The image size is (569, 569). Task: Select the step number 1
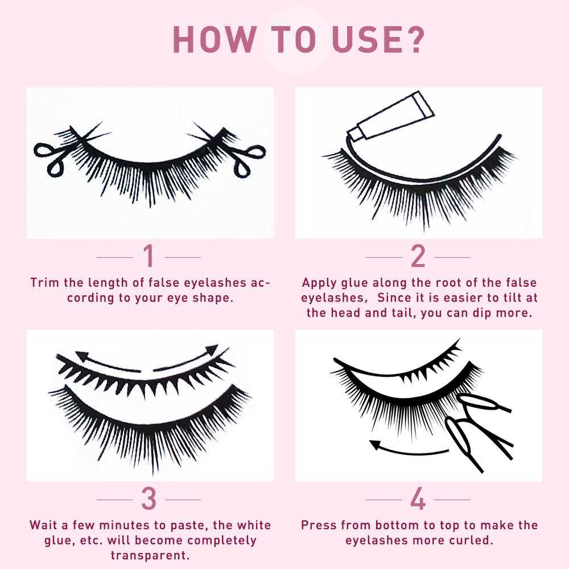149,256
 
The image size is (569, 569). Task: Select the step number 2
418,256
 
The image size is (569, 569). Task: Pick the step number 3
149,498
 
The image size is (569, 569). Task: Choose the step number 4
418,498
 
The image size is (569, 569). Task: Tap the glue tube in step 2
391,117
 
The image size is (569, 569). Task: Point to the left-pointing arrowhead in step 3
82,356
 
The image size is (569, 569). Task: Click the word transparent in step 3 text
150,555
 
